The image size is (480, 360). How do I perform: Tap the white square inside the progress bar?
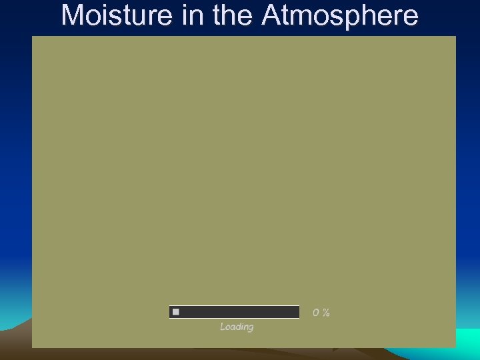(x=176, y=312)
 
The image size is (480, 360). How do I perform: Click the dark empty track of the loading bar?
(x=240, y=312)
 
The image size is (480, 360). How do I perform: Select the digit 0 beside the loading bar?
(x=317, y=313)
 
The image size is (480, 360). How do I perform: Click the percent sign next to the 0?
(x=326, y=313)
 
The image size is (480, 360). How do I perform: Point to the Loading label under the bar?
(x=237, y=327)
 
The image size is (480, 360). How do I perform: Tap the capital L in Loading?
(x=223, y=327)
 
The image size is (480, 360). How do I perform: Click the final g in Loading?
(x=251, y=328)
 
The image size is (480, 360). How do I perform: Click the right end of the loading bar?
(x=297, y=312)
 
